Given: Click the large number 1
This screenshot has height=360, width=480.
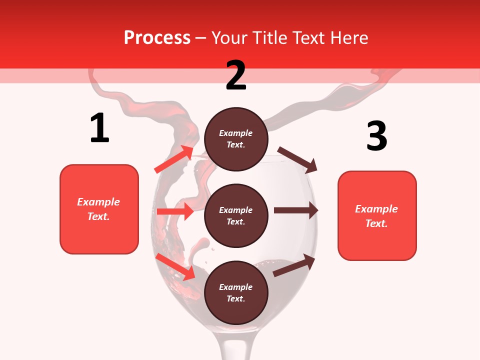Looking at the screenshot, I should tap(99, 128).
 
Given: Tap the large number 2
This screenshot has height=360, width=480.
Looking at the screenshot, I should tap(236, 75).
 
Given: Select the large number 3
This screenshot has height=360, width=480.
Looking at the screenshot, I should tap(376, 136).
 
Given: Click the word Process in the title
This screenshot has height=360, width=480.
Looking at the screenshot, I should tap(157, 37).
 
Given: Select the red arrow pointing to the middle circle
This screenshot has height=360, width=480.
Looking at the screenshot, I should tap(175, 211).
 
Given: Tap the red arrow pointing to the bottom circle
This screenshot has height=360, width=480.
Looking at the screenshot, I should tap(176, 266).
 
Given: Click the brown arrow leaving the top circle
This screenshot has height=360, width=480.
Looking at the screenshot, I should tap(298, 159).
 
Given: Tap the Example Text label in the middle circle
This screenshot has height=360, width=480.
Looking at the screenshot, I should tap(236, 215).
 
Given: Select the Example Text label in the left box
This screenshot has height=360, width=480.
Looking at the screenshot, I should tap(98, 209).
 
